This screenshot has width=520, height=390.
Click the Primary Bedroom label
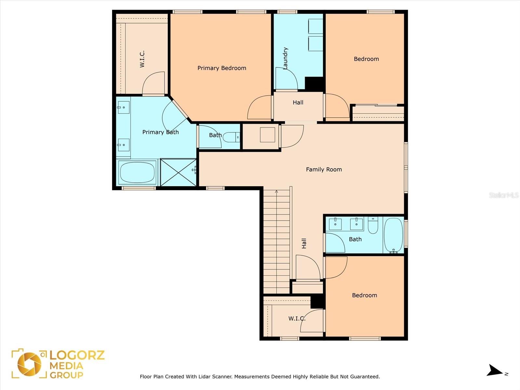tap(222, 68)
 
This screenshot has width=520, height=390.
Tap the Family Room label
tap(324, 169)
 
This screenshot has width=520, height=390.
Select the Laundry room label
tap(285, 58)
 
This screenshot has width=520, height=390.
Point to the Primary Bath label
tap(160, 132)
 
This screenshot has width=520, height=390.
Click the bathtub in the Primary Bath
tap(137, 172)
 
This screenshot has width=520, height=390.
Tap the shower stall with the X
tap(178, 172)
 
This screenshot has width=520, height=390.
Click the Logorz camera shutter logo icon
tap(29, 364)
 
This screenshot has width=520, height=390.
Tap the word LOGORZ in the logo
tap(77, 355)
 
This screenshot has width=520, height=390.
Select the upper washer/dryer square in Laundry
tap(316, 26)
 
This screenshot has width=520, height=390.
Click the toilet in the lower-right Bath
tap(373, 225)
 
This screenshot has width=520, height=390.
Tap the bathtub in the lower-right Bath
tap(394, 235)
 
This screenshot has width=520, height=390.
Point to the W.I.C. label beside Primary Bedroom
tap(142, 59)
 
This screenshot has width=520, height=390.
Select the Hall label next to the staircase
tap(304, 243)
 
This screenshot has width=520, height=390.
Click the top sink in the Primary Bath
tap(124, 107)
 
